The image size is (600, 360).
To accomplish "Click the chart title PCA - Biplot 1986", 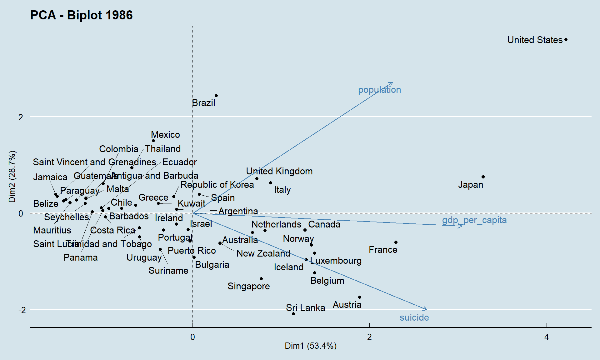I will (x=81, y=15).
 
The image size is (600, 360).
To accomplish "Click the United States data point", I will (x=566, y=40).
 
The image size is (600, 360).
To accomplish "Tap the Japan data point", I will (x=483, y=177).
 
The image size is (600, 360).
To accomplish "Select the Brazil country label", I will (x=203, y=103).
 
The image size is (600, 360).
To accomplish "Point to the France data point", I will (x=396, y=242).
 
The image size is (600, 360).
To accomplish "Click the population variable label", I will (x=379, y=90).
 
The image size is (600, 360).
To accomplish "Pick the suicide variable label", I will (x=414, y=317).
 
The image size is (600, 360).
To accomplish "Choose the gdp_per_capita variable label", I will (x=474, y=220).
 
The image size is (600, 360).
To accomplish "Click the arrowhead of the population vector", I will (x=392, y=83).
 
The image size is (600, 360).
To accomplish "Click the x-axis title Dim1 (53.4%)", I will (x=311, y=346).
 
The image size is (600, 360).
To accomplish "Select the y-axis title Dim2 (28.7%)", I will (x=12, y=177).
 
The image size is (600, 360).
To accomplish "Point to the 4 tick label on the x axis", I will (x=546, y=337).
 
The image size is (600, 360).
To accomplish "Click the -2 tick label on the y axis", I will (x=22, y=310).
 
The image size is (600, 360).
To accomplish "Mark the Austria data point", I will (x=360, y=297).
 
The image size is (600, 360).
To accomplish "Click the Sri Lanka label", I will (x=305, y=308).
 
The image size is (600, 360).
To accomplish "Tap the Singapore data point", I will (x=261, y=279).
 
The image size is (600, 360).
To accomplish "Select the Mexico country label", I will (x=165, y=135).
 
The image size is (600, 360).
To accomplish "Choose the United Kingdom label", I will (x=279, y=171).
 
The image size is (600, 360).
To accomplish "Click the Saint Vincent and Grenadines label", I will (x=94, y=162).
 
